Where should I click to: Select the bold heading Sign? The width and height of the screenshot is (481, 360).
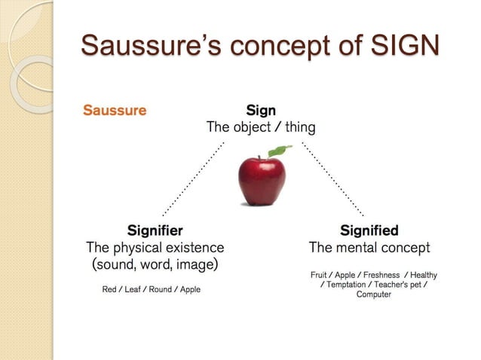tap(261, 111)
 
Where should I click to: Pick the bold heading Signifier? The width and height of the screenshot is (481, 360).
tap(155, 230)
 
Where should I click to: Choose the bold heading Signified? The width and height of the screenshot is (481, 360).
tap(369, 230)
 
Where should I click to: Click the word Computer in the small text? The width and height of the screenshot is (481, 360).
tap(374, 294)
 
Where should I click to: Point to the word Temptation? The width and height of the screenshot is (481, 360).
tap(346, 285)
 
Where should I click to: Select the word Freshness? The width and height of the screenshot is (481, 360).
tap(381, 275)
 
